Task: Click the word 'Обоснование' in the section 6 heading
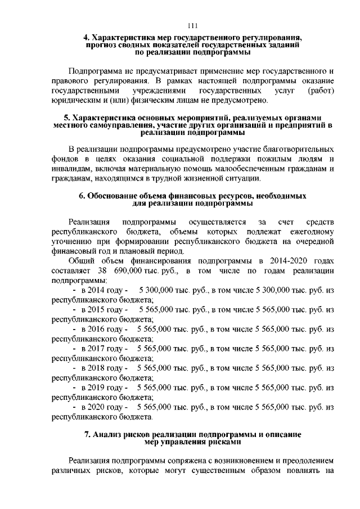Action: point(121,196)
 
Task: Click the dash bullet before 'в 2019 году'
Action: point(75,388)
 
